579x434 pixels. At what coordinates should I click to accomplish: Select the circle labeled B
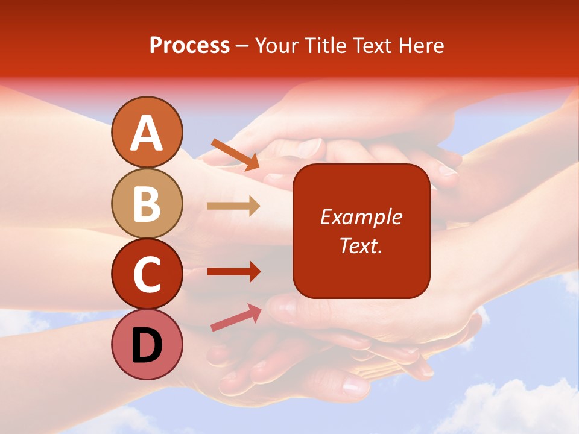(147, 204)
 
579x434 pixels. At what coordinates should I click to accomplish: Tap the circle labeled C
(147, 274)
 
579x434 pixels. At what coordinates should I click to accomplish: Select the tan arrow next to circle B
(233, 206)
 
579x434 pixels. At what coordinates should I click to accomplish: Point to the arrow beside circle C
(233, 272)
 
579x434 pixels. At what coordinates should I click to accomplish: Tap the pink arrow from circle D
(236, 318)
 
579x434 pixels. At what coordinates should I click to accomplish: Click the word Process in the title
(189, 45)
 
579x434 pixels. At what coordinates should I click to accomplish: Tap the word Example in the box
(361, 217)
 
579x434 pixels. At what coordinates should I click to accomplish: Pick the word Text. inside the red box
(361, 245)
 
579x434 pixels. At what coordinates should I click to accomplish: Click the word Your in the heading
(277, 45)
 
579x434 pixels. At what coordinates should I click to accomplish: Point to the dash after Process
(242, 46)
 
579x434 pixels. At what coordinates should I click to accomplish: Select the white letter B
(147, 204)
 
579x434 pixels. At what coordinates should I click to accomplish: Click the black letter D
(147, 346)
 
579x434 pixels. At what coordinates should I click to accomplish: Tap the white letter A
(147, 133)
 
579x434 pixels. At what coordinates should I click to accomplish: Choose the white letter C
(147, 274)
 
